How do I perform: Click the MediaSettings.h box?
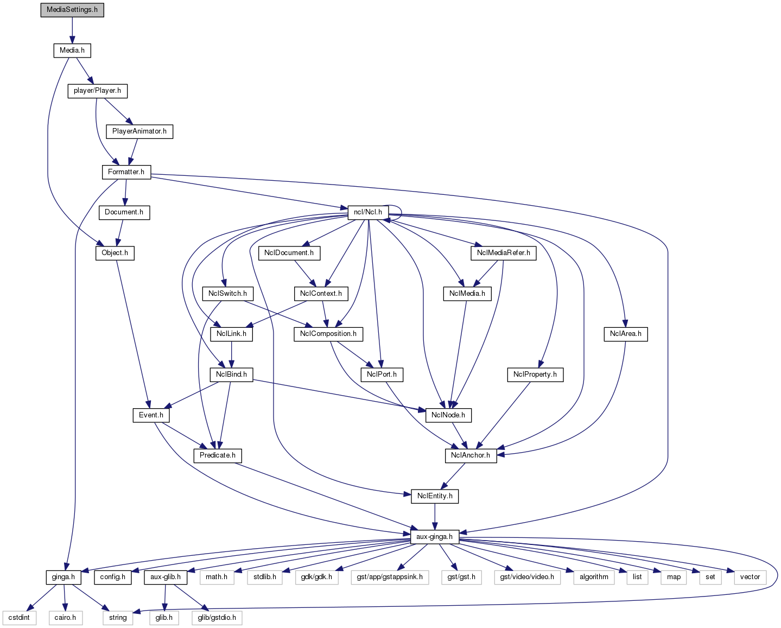(72, 10)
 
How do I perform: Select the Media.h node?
(72, 50)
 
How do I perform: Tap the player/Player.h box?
(97, 91)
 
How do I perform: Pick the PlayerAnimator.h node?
(139, 131)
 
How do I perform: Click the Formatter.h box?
(126, 172)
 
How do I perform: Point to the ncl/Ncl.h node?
(367, 212)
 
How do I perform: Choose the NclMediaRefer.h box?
(503, 253)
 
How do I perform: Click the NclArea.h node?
(625, 334)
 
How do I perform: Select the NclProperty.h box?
(535, 375)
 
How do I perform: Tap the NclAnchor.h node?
(470, 455)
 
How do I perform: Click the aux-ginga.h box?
(434, 537)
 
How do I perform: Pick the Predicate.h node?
(217, 455)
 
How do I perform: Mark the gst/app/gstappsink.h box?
(390, 577)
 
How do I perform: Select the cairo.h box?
(65, 618)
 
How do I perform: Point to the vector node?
(750, 577)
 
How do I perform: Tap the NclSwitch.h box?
(227, 294)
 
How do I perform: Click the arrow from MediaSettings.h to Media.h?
(72, 30)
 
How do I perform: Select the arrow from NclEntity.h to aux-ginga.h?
(434, 516)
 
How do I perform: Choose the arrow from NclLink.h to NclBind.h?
(232, 354)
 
